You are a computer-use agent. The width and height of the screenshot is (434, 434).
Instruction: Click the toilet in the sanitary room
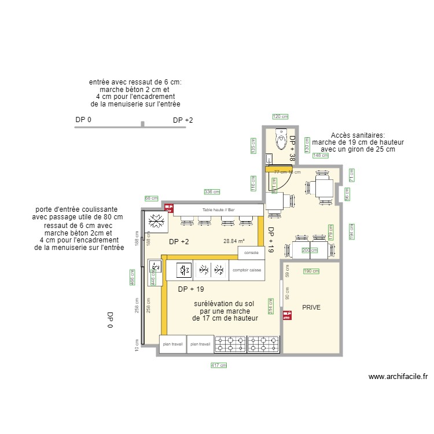click(281, 138)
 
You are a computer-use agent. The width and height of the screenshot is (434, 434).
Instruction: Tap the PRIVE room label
click(311, 307)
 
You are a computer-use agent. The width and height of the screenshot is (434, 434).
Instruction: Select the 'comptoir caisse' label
click(247, 270)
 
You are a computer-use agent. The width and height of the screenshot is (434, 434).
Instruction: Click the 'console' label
click(251, 253)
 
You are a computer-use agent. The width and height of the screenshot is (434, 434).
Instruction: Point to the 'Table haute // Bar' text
click(218, 209)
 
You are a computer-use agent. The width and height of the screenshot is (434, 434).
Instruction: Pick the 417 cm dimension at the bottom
click(218, 365)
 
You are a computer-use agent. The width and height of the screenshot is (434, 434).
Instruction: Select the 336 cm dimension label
click(212, 192)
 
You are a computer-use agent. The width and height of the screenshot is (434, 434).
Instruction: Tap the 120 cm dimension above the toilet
click(280, 117)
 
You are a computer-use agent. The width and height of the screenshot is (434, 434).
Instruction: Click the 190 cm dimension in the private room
click(311, 271)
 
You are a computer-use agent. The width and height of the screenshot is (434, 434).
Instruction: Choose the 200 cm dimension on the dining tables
click(310, 251)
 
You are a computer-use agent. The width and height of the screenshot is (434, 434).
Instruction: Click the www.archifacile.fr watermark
click(398, 377)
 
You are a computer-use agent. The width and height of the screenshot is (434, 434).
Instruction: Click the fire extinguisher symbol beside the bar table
click(170, 207)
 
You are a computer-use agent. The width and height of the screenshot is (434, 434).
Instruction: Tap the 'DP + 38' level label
click(292, 148)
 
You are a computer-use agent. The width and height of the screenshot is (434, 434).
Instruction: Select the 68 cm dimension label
click(151, 198)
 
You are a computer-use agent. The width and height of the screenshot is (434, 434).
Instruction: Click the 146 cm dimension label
click(320, 155)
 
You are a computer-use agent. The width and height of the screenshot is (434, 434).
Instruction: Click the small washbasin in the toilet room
click(269, 157)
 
